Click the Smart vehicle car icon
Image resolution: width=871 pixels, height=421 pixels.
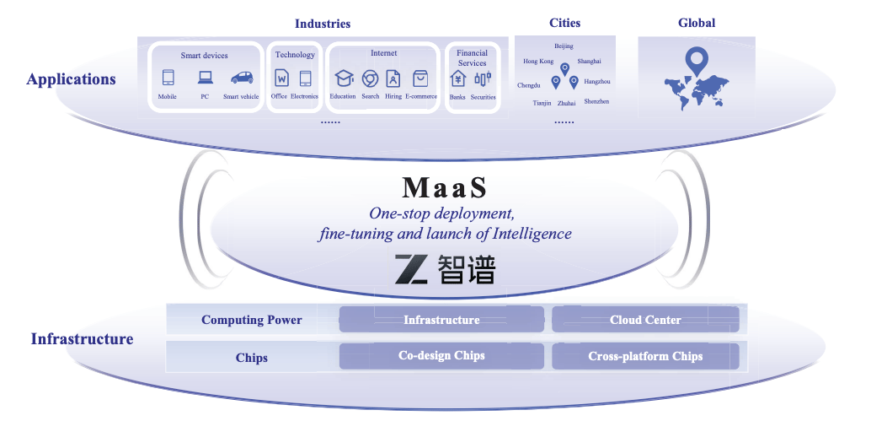242,78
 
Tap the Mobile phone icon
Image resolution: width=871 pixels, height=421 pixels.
168,78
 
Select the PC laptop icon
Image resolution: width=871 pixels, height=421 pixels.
205,78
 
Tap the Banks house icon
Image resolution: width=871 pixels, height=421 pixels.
457,78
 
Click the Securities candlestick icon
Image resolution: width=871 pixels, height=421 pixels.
483,78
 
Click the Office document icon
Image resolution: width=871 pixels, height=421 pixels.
282,78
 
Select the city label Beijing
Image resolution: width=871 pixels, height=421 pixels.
564,46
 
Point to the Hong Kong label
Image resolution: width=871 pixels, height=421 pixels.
538,61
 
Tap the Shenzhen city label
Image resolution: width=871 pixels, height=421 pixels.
596,101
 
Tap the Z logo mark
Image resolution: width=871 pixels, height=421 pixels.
412,268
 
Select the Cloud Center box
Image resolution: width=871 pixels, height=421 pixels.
645,320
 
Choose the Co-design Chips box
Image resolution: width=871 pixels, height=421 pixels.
441,355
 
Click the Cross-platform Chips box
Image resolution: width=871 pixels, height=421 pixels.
645,356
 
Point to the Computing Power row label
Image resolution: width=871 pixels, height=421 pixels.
251,320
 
